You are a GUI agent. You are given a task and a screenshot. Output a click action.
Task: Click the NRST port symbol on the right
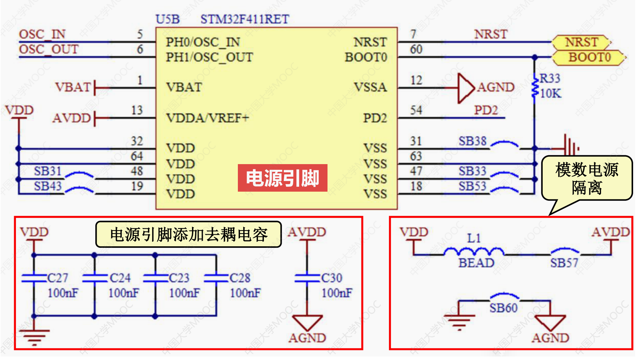point(581,42)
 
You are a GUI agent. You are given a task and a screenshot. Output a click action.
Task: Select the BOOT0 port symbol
point(589,57)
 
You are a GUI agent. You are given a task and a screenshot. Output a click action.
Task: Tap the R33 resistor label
point(550,78)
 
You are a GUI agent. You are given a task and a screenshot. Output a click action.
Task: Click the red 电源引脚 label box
point(282,178)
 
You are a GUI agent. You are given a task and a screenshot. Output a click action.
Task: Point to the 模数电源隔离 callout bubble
point(587,178)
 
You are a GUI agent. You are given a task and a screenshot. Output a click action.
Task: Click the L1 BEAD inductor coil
point(474,251)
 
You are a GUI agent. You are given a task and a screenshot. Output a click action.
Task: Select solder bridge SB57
point(565,251)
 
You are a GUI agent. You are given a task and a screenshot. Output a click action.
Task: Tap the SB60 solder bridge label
point(503,308)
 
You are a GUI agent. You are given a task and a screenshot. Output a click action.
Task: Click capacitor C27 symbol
point(34,278)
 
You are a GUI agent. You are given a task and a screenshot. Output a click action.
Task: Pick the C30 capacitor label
point(332,278)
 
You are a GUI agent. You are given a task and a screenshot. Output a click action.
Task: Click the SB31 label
point(48,171)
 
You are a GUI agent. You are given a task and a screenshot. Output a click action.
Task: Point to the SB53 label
point(472,186)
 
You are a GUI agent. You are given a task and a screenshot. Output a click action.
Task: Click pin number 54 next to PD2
point(416,110)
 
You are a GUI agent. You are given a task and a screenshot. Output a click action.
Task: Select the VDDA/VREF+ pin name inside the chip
point(208,118)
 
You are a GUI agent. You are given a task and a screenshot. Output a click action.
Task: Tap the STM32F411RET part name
point(245,19)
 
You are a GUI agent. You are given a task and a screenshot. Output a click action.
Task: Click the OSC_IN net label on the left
point(42,34)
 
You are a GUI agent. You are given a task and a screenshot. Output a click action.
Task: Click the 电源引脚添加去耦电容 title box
point(188,234)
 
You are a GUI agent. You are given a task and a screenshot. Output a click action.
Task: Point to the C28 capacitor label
point(240,278)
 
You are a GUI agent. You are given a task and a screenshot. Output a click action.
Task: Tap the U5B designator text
point(168,19)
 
